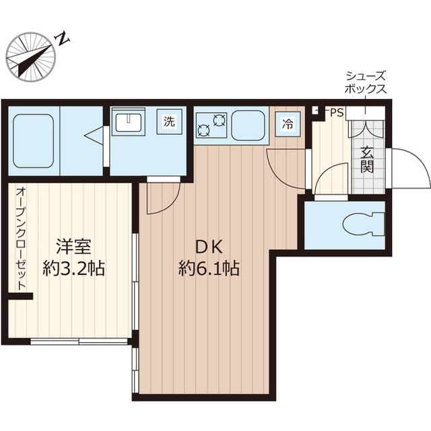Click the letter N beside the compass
63,39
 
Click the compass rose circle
31,57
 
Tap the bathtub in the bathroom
33,141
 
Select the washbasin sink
129,123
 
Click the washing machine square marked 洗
169,122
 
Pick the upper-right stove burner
219,120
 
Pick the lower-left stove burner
203,130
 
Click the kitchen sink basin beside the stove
248,126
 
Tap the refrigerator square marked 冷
288,124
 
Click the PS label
337,112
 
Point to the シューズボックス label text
366,82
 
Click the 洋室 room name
73,246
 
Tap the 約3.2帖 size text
73,268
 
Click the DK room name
209,247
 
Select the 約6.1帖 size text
209,268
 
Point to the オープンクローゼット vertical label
21,238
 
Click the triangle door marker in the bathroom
94,135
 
